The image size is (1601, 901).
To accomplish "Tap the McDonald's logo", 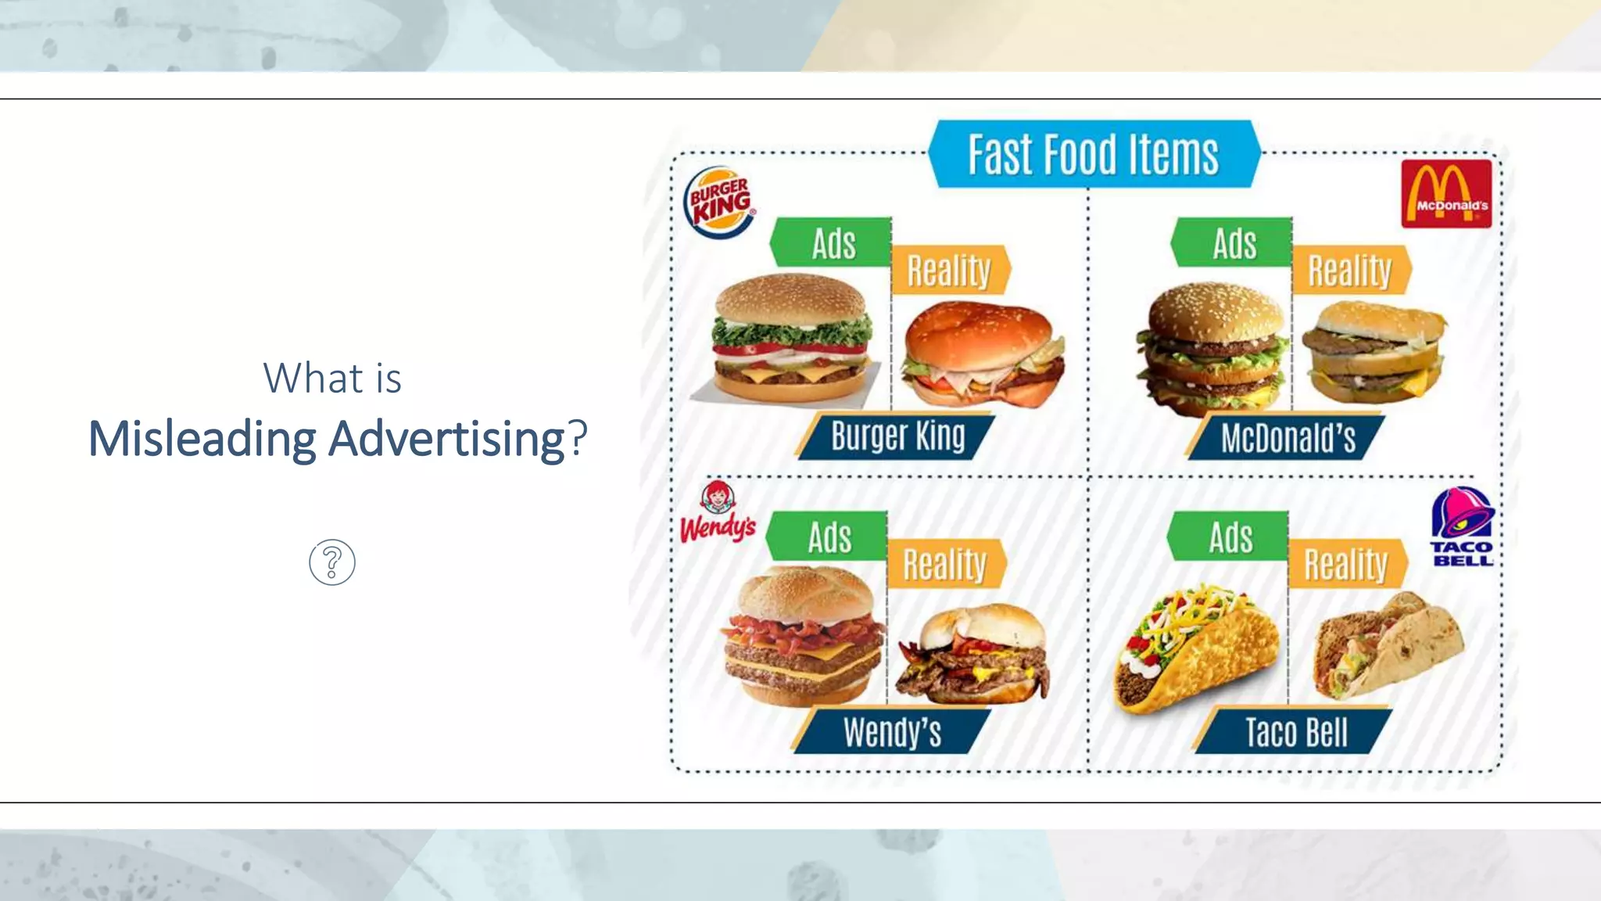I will pos(1445,193).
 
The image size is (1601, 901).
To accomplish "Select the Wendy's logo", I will pos(718,513).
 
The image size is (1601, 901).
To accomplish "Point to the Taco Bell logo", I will pos(1462,526).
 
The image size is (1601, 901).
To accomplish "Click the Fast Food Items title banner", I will pos(1094,154).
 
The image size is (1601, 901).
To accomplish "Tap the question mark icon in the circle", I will pos(332,562).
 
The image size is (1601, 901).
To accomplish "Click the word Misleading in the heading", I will pos(202,439).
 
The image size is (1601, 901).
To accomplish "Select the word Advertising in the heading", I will pos(446,439).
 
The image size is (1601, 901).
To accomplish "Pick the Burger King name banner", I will pos(897,436).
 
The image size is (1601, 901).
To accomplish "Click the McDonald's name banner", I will pos(1287,437).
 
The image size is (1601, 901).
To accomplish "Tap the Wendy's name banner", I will pos(892,732).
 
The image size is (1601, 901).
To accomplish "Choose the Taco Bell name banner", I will pos(1295,732).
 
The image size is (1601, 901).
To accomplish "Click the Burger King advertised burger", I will pos(791,338).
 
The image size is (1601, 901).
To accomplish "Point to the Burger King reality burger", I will pos(982,354).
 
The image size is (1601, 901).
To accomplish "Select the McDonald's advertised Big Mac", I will pos(1212,348).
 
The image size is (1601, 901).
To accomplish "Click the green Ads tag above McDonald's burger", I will pos(1233,242).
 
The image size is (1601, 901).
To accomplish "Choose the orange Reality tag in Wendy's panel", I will pos(945,563).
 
